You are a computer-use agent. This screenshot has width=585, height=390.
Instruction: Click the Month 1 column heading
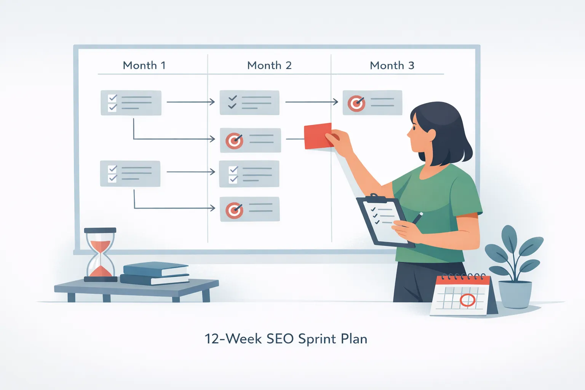(144, 66)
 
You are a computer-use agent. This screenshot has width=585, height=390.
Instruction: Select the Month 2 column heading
(269, 66)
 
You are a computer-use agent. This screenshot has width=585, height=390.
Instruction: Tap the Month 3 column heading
(392, 66)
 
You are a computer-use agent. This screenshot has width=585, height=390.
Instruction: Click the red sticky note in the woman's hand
(317, 136)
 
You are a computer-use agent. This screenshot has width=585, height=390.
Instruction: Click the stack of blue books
(155, 274)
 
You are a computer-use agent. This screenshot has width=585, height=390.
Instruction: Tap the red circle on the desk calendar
(467, 300)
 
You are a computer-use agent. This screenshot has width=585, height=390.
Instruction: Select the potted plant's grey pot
(515, 294)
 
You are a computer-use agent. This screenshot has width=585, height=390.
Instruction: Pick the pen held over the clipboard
(417, 218)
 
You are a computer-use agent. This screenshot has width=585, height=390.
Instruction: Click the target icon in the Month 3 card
(356, 103)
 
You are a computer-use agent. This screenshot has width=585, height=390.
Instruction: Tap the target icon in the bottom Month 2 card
(234, 210)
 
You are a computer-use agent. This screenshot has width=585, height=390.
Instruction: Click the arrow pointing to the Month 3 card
(312, 102)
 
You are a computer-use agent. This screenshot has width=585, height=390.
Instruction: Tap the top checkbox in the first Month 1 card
(112, 98)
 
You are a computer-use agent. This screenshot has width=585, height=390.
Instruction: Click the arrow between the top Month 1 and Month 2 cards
(190, 102)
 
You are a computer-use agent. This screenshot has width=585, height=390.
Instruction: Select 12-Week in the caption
(233, 339)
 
